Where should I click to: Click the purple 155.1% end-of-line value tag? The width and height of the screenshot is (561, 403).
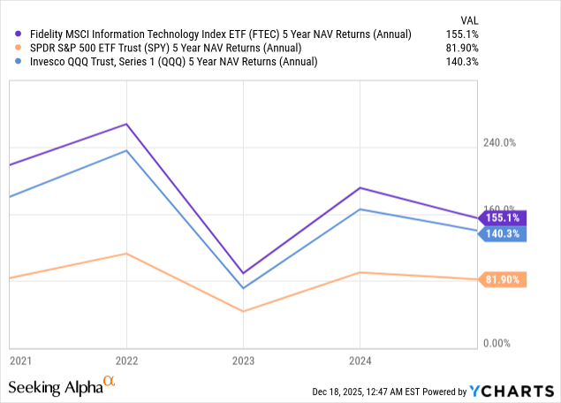click(x=501, y=217)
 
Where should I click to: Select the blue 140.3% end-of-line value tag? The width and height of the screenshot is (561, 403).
click(x=501, y=233)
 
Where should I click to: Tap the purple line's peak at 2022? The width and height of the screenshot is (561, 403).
click(x=126, y=124)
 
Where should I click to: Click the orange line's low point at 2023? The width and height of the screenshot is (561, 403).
click(x=243, y=311)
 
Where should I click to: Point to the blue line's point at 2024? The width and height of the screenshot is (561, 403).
click(x=360, y=209)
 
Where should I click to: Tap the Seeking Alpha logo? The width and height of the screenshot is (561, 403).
click(x=62, y=387)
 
